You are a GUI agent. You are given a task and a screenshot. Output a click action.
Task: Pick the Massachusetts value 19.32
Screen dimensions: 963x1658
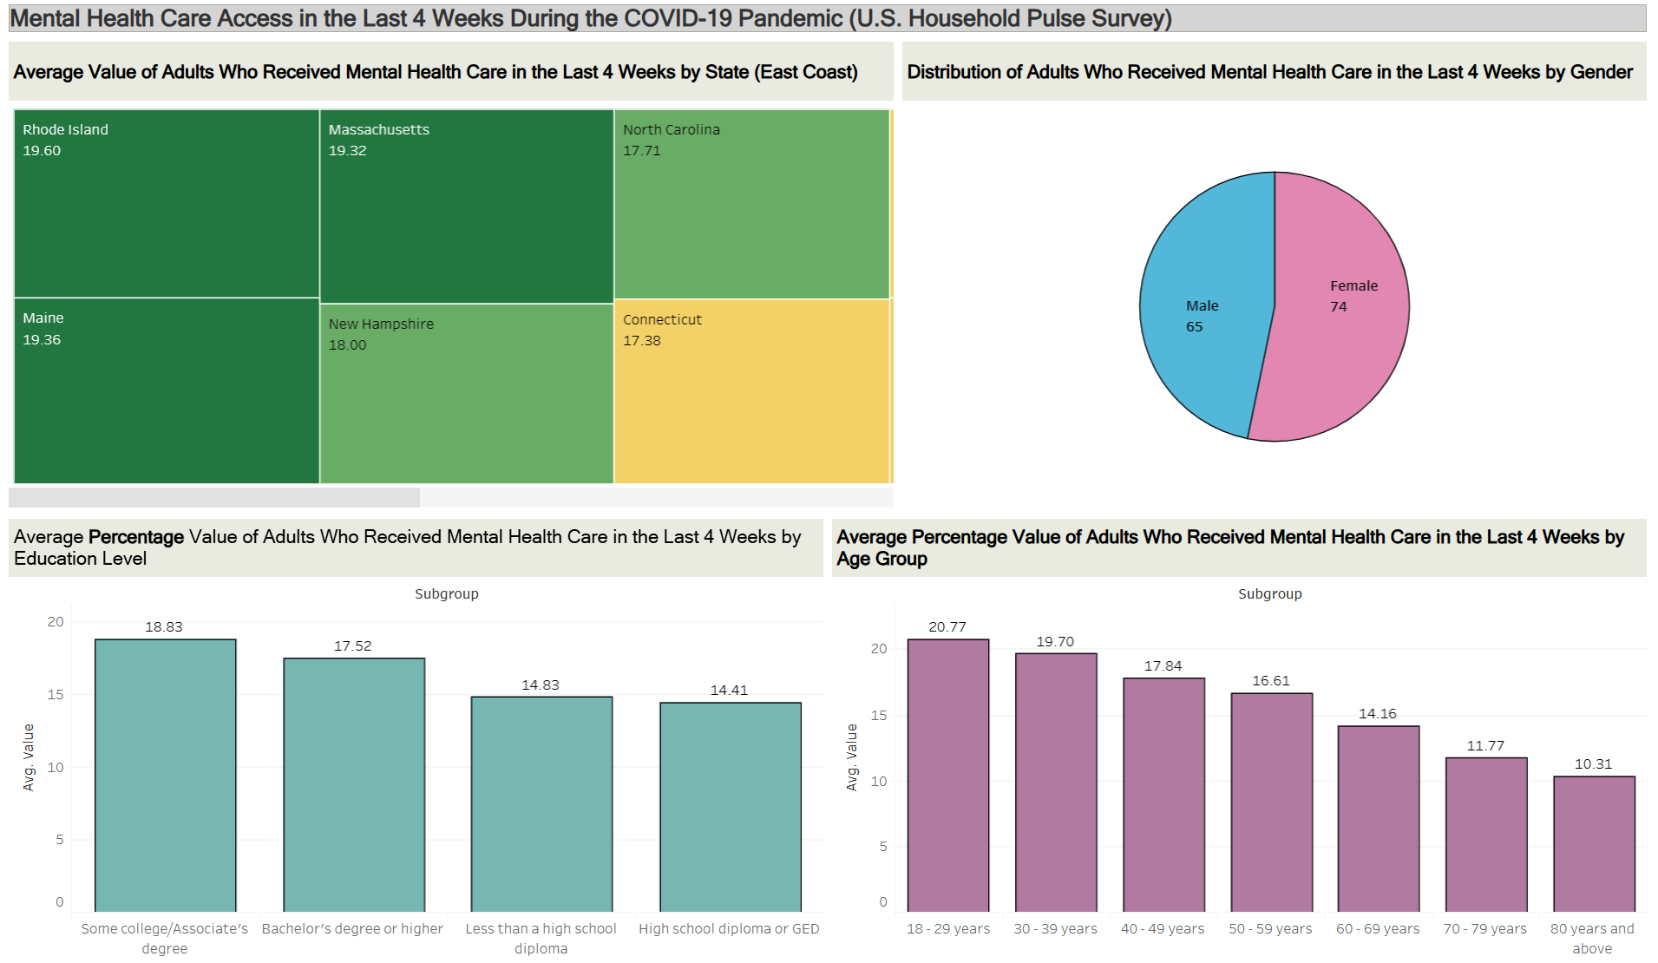point(348,151)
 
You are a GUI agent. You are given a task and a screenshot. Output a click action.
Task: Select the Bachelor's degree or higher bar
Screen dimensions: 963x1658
point(353,784)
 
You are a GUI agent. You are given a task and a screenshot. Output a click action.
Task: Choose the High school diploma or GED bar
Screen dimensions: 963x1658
point(730,806)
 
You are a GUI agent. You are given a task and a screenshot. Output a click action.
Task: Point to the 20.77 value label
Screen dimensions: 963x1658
point(947,627)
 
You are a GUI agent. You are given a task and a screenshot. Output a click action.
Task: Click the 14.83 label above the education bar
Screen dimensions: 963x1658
point(540,685)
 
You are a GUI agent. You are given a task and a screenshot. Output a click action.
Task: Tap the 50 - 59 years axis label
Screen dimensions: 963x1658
point(1270,929)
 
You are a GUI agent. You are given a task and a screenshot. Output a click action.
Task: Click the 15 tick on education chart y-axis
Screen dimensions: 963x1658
point(56,695)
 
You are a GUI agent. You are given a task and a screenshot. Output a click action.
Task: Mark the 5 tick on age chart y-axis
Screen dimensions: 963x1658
point(883,847)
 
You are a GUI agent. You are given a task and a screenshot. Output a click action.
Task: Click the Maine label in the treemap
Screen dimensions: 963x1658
point(43,318)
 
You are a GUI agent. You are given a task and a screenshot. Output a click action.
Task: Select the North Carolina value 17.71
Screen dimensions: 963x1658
point(642,151)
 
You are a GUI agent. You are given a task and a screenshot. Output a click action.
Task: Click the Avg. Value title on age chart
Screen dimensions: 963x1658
point(851,757)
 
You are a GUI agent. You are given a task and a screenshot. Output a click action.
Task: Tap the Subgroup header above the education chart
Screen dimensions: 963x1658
point(446,594)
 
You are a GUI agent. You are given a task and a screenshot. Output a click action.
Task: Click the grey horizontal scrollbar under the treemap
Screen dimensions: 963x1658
point(214,497)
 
